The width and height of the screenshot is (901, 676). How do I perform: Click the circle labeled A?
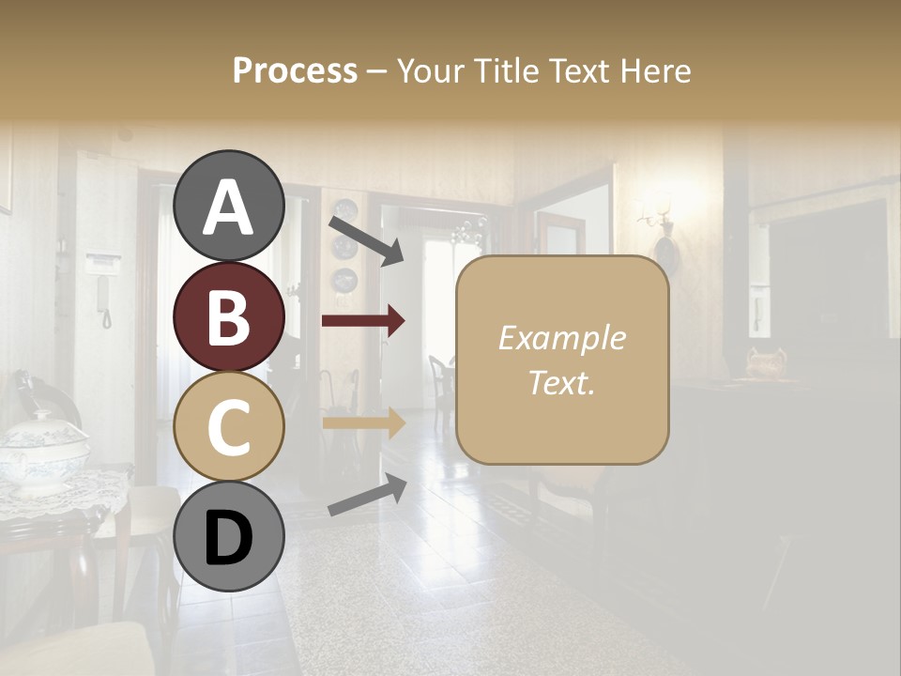228,206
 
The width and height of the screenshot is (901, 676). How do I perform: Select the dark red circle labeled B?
228,316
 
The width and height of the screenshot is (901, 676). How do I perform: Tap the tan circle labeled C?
228,427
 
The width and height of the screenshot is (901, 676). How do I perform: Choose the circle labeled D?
228,538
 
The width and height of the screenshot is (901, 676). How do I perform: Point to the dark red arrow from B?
363,321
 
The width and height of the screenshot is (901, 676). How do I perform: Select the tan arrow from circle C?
363,423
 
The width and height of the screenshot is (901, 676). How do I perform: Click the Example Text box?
562,360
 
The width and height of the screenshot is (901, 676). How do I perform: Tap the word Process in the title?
295,70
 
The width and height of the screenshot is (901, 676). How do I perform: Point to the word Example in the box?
561,338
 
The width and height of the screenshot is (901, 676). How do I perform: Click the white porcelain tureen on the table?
41,451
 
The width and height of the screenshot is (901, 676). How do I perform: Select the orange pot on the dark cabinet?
766,363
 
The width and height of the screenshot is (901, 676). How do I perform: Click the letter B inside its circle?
228,316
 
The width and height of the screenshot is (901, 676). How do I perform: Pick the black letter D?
228,539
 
